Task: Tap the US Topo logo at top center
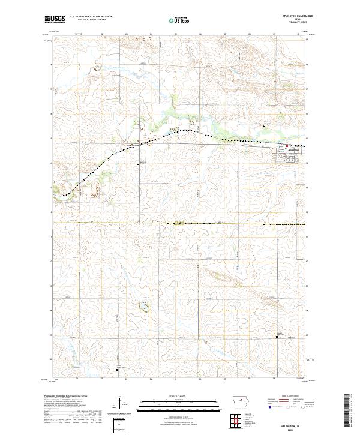[179, 20]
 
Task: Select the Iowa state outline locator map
[241, 402]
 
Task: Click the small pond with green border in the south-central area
[143, 307]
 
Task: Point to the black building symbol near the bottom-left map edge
[118, 370]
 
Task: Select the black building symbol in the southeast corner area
[277, 337]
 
